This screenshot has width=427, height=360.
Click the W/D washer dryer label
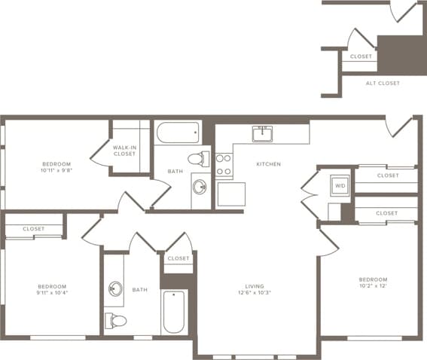[340, 185]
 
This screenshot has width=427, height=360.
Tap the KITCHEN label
[268, 163]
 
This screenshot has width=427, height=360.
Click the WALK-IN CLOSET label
[124, 151]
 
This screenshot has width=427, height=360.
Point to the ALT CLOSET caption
[383, 83]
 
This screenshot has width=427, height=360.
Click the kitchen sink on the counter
[263, 134]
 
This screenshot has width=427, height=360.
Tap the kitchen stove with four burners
[224, 164]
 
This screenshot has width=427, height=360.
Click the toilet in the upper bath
[199, 159]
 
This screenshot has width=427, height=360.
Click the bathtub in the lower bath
[173, 312]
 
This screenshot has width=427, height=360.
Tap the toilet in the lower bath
[115, 320]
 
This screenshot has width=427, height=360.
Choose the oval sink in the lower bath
[115, 288]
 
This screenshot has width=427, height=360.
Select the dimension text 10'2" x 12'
[373, 287]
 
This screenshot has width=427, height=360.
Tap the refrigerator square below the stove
[230, 194]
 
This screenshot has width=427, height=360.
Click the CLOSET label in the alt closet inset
[361, 56]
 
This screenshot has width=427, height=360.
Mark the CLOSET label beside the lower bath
[178, 258]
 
